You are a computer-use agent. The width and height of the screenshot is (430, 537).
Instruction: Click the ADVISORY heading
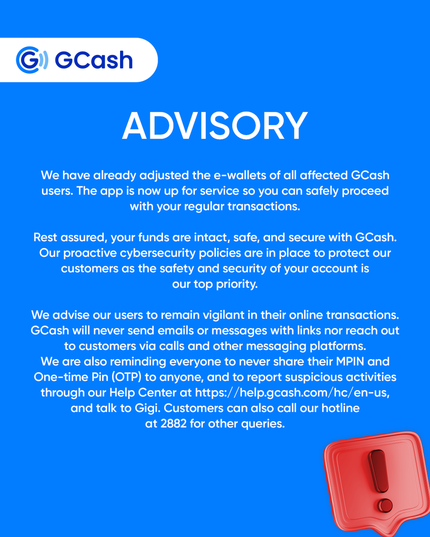tap(215, 126)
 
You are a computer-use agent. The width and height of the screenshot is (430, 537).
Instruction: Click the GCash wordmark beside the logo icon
tap(94, 60)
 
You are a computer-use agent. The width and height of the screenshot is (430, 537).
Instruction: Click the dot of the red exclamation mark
tap(384, 505)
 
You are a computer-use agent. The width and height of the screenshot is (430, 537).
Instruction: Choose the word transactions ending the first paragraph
tap(262, 207)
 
